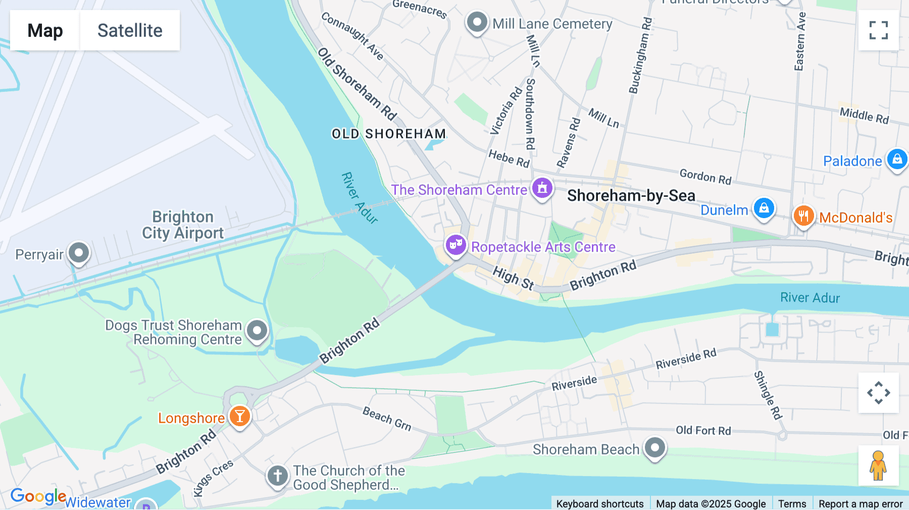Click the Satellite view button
point(130,30)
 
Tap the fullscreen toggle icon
point(878,30)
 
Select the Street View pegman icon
point(878,465)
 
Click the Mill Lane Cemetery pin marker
point(477,22)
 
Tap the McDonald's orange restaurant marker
point(803,216)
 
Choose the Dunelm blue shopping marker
point(764,209)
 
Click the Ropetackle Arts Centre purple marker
point(456,245)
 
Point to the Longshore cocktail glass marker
point(240,417)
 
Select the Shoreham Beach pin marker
point(655,447)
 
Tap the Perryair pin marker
point(79,252)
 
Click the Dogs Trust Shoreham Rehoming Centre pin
point(257,331)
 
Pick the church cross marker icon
point(277,476)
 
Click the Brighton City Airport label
point(183,225)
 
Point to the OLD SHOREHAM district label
point(389,134)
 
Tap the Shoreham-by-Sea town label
point(631,195)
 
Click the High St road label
point(513,278)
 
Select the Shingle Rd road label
point(768,395)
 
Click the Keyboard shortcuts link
point(599,503)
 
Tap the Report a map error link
point(861,503)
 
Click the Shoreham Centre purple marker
point(542,188)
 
